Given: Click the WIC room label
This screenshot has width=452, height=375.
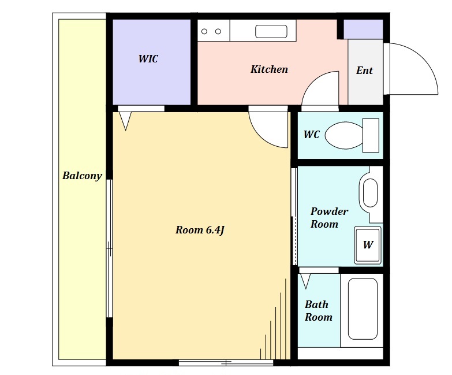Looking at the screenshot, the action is pyautogui.click(x=148, y=59).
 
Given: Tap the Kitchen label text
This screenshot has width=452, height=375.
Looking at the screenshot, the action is pyautogui.click(x=269, y=69).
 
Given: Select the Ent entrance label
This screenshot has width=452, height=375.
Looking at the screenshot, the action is pyautogui.click(x=365, y=70).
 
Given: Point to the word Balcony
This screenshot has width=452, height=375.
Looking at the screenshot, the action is pyautogui.click(x=83, y=176).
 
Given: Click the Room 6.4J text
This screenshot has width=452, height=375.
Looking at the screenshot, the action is pyautogui.click(x=200, y=230).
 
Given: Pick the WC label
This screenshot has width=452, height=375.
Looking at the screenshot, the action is pyautogui.click(x=312, y=135).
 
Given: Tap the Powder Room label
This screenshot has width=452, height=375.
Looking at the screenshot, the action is pyautogui.click(x=329, y=217).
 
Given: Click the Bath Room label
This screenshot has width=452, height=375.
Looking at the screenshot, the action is pyautogui.click(x=319, y=311).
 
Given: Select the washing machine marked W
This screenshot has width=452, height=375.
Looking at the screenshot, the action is pyautogui.click(x=368, y=245).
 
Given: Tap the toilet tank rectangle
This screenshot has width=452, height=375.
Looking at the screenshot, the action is pyautogui.click(x=371, y=135).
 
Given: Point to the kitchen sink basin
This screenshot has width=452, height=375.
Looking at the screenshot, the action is pyautogui.click(x=271, y=31).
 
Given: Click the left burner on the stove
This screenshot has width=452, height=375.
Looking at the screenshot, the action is pyautogui.click(x=204, y=31).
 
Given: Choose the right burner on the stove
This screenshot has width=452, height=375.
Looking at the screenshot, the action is pyautogui.click(x=218, y=31).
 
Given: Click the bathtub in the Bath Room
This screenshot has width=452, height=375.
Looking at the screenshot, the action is pyautogui.click(x=363, y=309).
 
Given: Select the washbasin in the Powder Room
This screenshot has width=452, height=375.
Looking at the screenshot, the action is pyautogui.click(x=370, y=193).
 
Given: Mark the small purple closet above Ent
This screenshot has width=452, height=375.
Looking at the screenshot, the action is pyautogui.click(x=364, y=29).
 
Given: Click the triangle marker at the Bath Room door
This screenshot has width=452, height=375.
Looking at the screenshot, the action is pyautogui.click(x=305, y=281).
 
